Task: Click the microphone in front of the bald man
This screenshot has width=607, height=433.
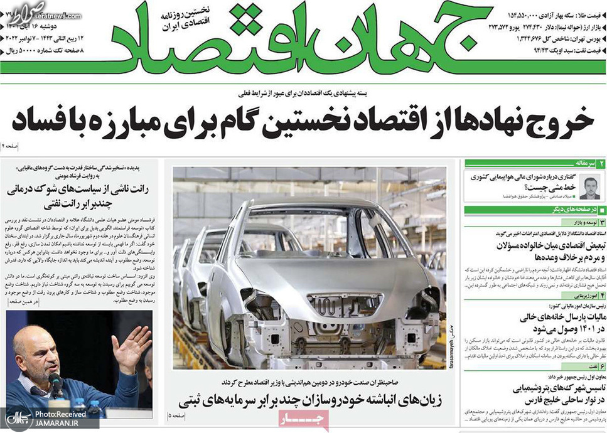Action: (55, 383)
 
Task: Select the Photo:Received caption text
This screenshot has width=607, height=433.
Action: (60, 414)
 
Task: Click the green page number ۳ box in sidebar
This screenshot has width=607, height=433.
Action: (601, 222)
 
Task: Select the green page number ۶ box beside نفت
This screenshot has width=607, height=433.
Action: (601, 366)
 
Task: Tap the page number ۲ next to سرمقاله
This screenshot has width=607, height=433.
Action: (601, 163)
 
